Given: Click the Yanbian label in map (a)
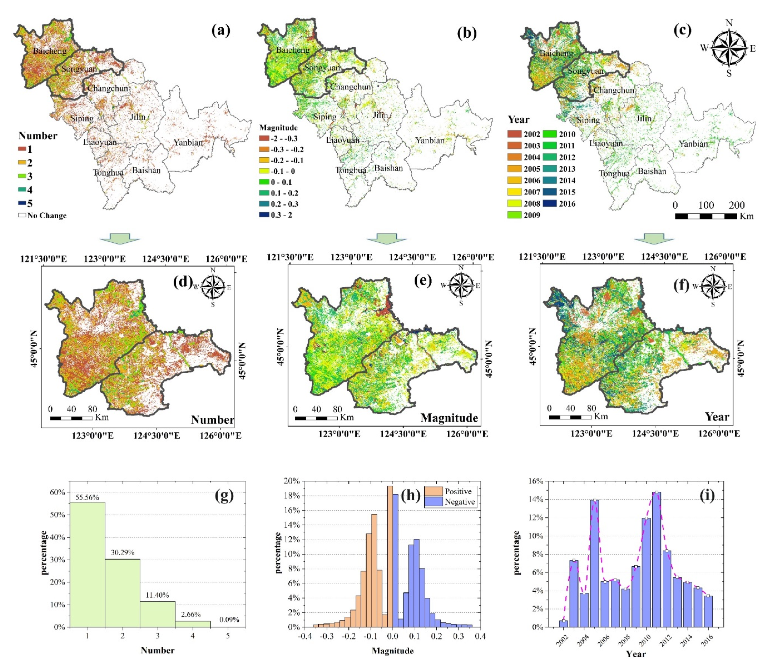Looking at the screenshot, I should [188, 142].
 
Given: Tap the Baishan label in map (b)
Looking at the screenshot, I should [388, 168].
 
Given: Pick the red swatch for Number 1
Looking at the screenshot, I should [22, 149].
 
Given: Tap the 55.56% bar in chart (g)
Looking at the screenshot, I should [87, 564].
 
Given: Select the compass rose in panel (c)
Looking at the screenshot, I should [729, 48].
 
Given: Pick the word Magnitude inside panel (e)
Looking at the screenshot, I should [449, 418].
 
